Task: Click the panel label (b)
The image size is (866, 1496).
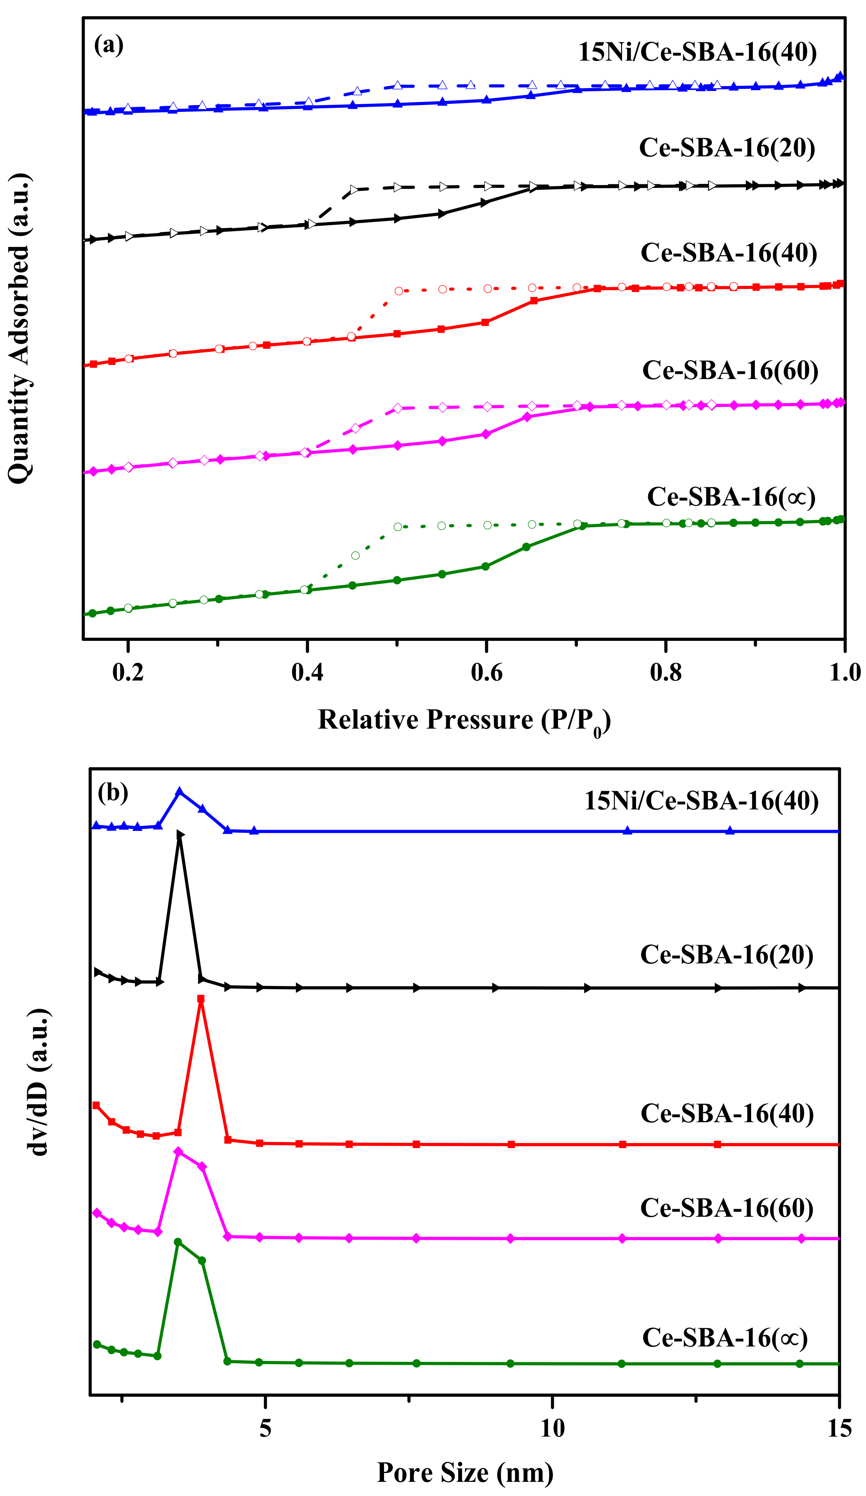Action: (x=113, y=792)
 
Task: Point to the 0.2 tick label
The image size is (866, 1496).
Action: (x=128, y=672)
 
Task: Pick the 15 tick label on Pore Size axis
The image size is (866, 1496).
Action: (x=839, y=1428)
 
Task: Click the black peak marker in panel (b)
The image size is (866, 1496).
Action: (x=180, y=835)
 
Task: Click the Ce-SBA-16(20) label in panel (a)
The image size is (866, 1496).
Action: (x=727, y=148)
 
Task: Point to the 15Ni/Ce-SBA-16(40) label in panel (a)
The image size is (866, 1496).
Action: (x=697, y=52)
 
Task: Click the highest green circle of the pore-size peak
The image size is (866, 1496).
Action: (x=177, y=1242)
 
